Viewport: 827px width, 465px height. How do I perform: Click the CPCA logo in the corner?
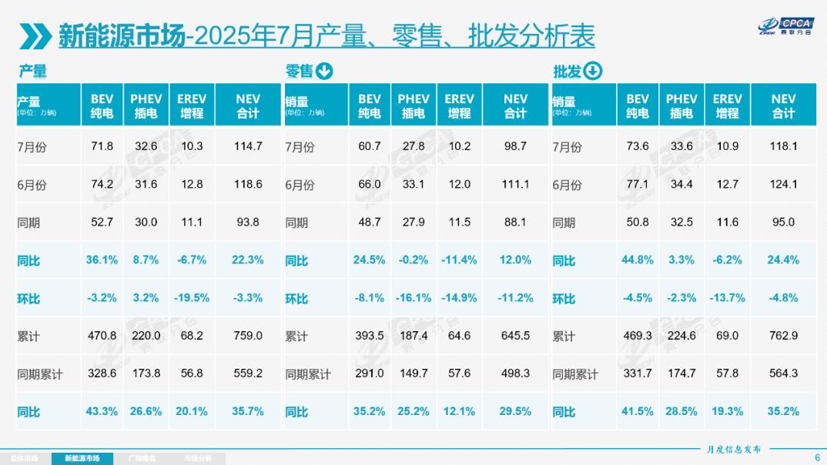coord(786,26)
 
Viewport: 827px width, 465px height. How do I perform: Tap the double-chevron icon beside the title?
coord(35,36)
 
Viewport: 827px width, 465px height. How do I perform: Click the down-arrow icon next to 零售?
coord(324,71)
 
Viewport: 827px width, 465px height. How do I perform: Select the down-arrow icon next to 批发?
coord(593,71)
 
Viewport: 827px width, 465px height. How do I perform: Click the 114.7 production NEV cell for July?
coord(248,146)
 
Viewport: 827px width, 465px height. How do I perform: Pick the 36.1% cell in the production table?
coord(102,260)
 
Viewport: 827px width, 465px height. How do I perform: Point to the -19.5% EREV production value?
coord(192,298)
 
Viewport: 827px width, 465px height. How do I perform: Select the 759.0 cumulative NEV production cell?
coord(248,336)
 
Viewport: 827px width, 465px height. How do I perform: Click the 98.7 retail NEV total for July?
coord(515,146)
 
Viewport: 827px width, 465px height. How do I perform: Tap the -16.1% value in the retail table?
coord(413,298)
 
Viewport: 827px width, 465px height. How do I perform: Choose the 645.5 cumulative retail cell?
coord(515,336)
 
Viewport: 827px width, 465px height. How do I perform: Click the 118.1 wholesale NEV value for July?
coord(783,146)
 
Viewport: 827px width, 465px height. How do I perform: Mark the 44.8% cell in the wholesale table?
coord(637,260)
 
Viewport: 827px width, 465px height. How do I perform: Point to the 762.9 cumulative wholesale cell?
coord(783,336)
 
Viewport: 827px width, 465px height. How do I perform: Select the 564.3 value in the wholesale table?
coord(783,373)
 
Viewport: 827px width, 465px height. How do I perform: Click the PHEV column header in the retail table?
coord(413,105)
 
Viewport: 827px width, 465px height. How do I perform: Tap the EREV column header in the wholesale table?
coord(728,105)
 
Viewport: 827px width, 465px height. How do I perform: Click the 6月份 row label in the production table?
coord(32,185)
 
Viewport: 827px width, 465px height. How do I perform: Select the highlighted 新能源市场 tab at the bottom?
coord(82,459)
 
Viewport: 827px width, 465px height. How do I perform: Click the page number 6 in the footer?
coord(818,457)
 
